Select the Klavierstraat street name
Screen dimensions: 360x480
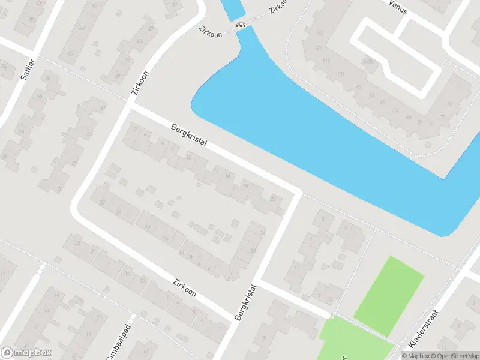click(x=424, y=329)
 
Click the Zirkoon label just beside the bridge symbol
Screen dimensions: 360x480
click(x=211, y=31)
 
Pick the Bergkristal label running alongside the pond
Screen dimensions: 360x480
click(x=188, y=137)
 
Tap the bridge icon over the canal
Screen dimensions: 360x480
click(x=241, y=25)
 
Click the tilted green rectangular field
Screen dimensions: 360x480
click(x=389, y=289)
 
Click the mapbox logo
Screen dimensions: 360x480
click(x=26, y=353)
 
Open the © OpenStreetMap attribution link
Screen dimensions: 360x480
click(x=458, y=356)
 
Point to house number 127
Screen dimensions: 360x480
click(x=319, y=48)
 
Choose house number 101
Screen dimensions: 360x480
click(x=341, y=74)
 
